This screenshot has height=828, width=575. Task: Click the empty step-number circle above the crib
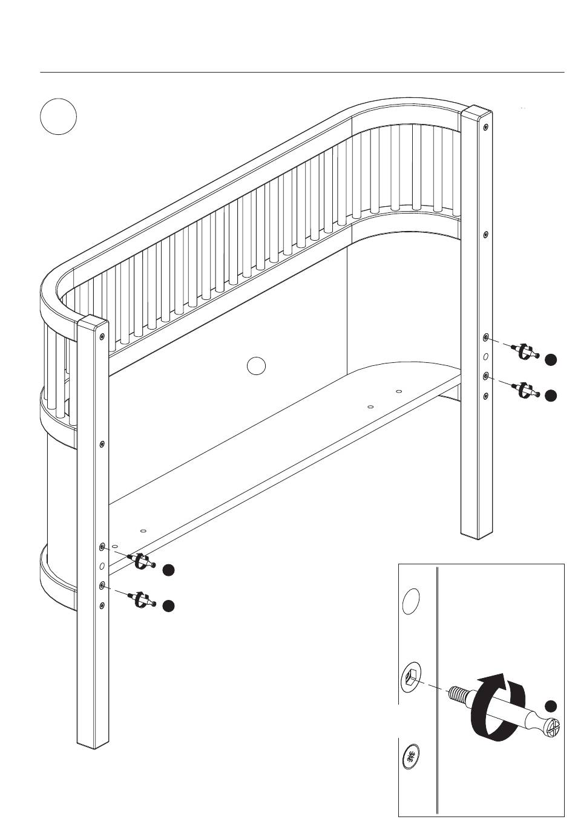pyautogui.click(x=58, y=117)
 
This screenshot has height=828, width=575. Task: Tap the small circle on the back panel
pyautogui.click(x=257, y=365)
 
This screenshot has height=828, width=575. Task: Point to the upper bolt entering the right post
pyautogui.click(x=524, y=351)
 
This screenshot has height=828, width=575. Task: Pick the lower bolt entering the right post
pyautogui.click(x=524, y=390)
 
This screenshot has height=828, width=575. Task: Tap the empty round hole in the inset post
pyautogui.click(x=412, y=601)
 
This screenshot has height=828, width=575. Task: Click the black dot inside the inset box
pyautogui.click(x=550, y=706)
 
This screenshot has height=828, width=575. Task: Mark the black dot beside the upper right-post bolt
pyautogui.click(x=550, y=359)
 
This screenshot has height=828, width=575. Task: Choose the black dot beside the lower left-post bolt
pyautogui.click(x=169, y=606)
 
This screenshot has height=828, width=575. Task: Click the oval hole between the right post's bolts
pyautogui.click(x=485, y=356)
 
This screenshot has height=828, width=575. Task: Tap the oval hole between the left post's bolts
pyautogui.click(x=102, y=566)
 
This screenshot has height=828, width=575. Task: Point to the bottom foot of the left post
pyautogui.click(x=93, y=743)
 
